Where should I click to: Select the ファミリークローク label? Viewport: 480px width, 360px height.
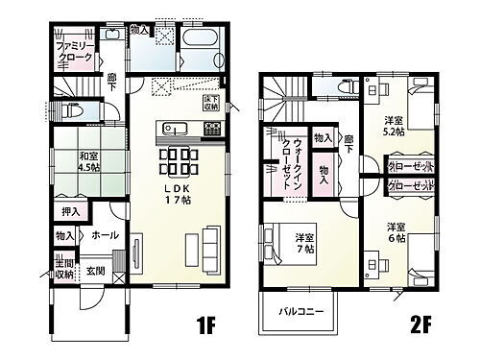(75, 53)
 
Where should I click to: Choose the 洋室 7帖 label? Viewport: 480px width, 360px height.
(305, 242)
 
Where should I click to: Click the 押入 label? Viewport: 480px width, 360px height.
(71, 211)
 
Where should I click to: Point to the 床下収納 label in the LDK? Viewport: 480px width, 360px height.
(210, 103)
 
